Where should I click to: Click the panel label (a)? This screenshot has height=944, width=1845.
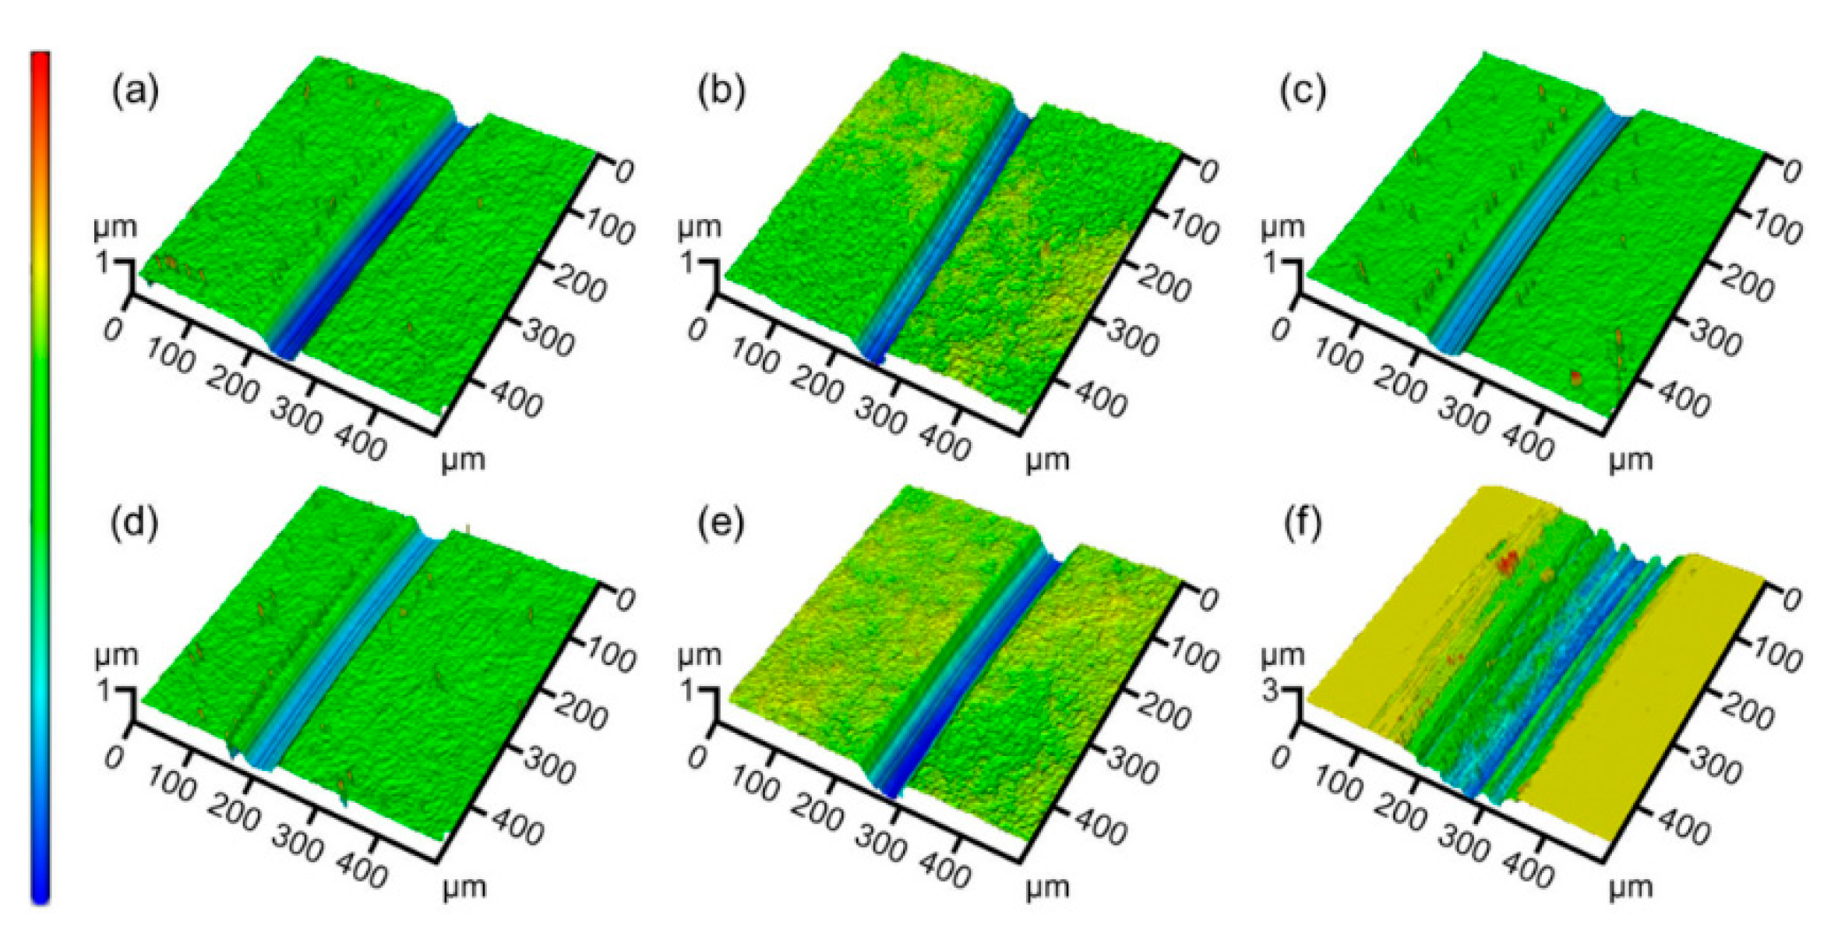pos(136,92)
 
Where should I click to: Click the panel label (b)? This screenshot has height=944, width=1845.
pos(721,92)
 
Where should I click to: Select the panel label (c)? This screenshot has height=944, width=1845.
pos(1303,92)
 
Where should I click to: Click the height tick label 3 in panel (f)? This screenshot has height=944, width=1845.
pos(1271,691)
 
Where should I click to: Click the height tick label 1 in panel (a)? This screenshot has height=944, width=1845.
pos(104,263)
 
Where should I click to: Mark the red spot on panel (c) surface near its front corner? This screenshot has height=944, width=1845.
pos(1576,378)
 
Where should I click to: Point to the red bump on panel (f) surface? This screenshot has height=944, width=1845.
pos(1509,558)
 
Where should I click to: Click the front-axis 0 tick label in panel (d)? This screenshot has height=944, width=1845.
pos(113,757)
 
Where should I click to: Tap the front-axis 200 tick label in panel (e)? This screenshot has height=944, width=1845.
pos(816,815)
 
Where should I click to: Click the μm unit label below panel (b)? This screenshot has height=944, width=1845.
pos(1046,460)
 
